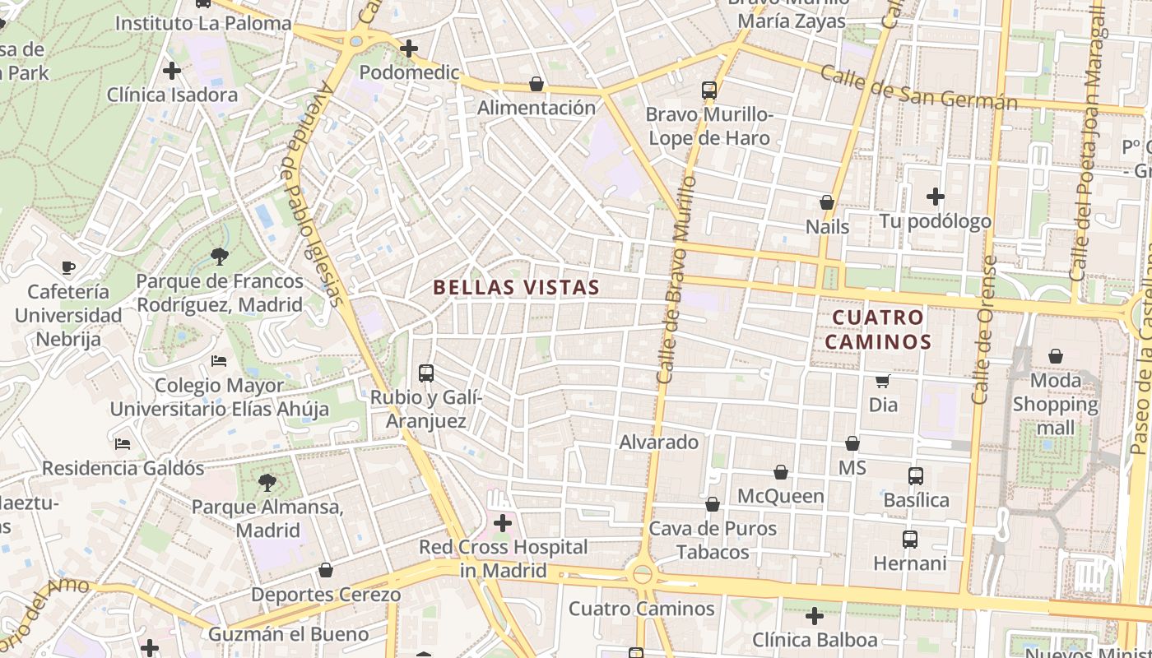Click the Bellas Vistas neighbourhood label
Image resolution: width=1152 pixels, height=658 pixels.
[516, 287]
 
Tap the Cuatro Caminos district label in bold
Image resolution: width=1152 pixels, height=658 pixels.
[878, 329]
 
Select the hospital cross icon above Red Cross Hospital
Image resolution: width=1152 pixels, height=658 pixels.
[503, 523]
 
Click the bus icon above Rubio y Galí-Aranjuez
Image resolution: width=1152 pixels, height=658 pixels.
[426, 373]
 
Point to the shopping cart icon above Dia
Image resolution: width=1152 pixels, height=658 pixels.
[883, 381]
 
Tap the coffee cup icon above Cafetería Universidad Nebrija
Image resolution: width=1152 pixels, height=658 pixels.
[68, 267]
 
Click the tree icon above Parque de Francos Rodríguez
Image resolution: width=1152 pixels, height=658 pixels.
[220, 257]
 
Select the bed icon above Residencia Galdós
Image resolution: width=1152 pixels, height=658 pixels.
[123, 444]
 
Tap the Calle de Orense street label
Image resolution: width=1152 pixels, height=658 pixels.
[983, 329]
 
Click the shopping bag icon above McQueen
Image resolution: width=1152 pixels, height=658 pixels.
[780, 472]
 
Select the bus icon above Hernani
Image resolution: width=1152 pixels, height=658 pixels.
[910, 540]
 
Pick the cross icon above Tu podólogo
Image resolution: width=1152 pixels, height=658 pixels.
[936, 197]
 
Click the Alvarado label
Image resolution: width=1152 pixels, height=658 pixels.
[658, 443]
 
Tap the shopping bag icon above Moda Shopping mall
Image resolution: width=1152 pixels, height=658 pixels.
[1056, 356]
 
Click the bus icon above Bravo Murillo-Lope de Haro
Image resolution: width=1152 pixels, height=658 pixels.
[709, 90]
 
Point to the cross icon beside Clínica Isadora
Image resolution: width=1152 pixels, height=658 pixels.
[172, 71]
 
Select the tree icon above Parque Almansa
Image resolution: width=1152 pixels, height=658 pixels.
[267, 482]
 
